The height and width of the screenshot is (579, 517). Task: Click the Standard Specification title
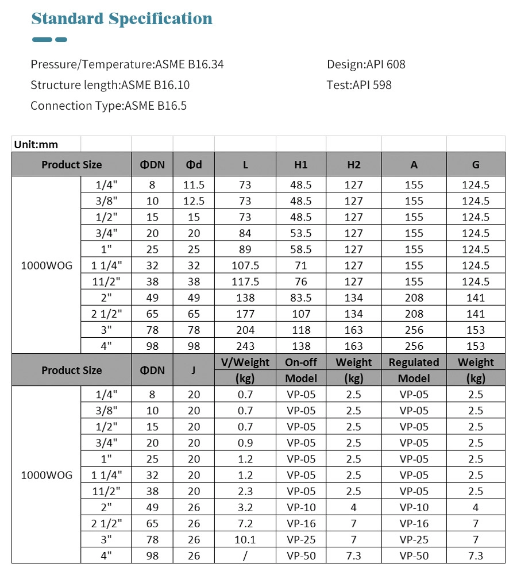coord(122,19)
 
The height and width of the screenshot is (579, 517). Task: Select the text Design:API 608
coord(366,64)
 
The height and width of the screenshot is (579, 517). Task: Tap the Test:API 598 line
coord(359,85)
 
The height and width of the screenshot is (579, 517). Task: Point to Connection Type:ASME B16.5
coord(109,106)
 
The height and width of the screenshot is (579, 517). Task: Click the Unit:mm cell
coord(36,145)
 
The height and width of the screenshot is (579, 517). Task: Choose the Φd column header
coord(194,165)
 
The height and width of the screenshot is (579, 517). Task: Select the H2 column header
coord(354,165)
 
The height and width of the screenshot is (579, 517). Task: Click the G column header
coord(476,165)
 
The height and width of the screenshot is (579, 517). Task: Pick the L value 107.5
coord(245,265)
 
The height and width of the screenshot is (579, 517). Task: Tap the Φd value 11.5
coord(194,185)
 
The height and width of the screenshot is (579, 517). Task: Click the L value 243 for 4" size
coord(245,346)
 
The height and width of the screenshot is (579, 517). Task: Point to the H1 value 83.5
coord(301,298)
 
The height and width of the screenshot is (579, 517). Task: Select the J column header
coord(194,370)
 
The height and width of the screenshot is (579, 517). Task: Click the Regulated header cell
coord(414,362)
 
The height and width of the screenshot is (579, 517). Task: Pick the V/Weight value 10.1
coord(245,539)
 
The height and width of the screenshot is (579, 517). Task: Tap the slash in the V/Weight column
coord(245,555)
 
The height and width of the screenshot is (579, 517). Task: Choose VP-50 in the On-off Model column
coord(301,555)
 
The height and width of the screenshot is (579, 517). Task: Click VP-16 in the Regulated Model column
coord(414,523)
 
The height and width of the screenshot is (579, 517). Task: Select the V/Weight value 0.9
coord(245,443)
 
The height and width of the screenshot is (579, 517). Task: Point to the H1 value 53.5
coord(301,233)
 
